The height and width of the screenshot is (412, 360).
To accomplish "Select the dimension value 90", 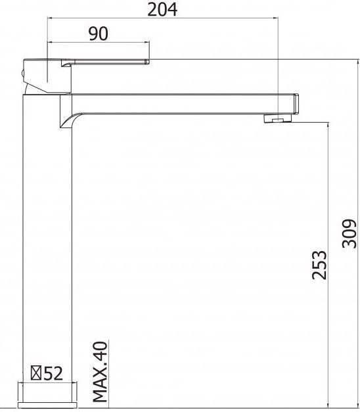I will pyautogui.click(x=98, y=34).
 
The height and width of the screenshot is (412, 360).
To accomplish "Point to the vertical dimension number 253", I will pyautogui.click(x=318, y=265).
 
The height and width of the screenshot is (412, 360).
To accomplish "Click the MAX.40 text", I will pyautogui.click(x=99, y=371).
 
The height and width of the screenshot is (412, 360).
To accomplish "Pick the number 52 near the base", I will pyautogui.click(x=54, y=373).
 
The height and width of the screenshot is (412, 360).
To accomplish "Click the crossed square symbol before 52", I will pyautogui.click(x=38, y=373).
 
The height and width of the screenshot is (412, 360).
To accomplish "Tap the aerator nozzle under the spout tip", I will pyautogui.click(x=277, y=119).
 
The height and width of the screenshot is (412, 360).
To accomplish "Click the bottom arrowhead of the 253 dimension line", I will pyautogui.click(x=327, y=405).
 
